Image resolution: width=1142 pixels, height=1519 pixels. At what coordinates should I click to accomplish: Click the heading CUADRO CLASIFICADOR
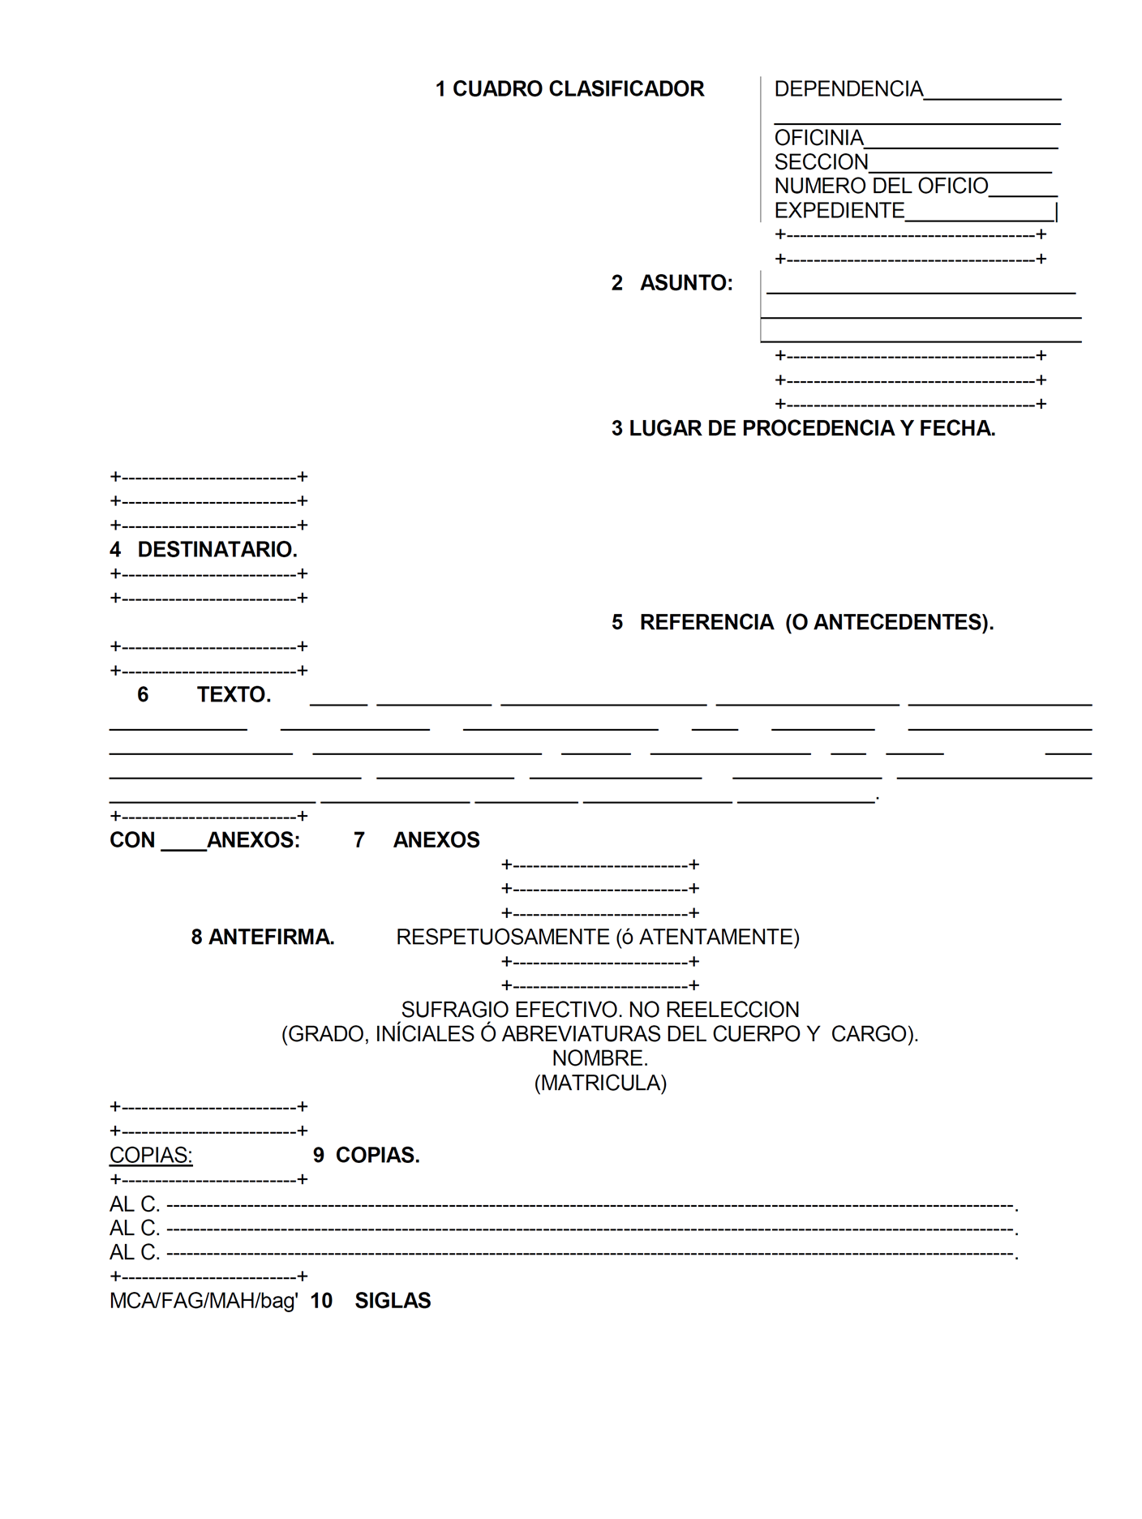[577, 89]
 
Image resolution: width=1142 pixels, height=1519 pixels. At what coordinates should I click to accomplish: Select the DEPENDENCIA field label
[848, 89]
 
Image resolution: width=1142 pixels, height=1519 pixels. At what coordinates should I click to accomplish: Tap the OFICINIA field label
[818, 138]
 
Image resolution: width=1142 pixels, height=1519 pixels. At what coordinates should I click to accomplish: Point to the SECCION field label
[821, 162]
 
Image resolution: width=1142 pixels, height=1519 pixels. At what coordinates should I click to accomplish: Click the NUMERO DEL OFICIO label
[881, 187]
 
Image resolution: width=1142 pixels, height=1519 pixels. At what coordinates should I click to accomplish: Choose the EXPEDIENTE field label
[839, 211]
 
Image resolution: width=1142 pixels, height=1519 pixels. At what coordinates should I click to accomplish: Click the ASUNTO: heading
[685, 283]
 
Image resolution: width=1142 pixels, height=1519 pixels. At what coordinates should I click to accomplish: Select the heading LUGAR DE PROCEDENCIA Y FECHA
[811, 428]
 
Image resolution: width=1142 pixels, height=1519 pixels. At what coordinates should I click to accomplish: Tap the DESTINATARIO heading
[217, 550]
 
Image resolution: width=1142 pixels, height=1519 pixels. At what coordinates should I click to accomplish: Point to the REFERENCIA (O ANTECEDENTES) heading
[816, 622]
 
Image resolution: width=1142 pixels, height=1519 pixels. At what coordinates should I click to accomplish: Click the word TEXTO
[234, 695]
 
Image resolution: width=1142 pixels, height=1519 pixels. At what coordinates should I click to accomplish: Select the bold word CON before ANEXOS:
[132, 840]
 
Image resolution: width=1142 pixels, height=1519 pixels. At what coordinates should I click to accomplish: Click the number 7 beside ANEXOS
[359, 840]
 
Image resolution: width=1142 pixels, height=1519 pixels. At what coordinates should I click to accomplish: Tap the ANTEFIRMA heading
[271, 938]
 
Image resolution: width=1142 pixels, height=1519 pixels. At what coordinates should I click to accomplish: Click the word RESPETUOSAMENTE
[502, 938]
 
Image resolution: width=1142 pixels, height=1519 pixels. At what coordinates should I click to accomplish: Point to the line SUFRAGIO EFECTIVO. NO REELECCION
[600, 1010]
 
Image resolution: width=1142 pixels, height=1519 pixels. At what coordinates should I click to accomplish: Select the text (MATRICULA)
[600, 1083]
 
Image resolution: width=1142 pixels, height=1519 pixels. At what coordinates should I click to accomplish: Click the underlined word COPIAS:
[151, 1155]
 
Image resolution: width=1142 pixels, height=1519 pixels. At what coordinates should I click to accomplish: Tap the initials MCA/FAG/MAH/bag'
[204, 1301]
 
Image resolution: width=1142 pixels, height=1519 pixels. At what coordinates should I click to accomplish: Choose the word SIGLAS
[393, 1301]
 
